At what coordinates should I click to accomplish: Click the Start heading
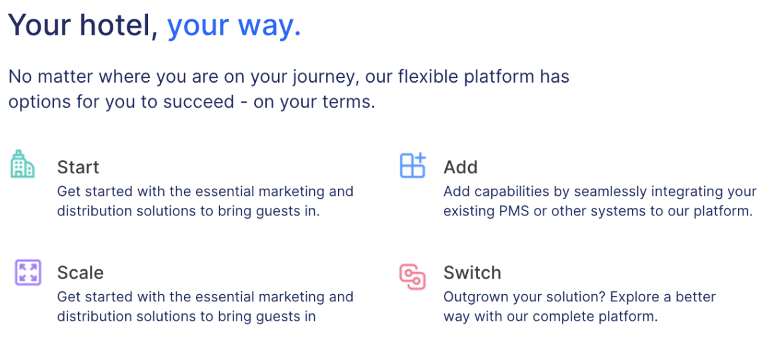coord(78,167)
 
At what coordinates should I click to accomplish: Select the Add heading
coord(460,167)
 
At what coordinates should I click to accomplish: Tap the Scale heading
coord(80,273)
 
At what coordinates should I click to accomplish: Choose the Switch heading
coord(472,273)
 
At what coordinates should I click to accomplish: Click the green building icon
coord(23,164)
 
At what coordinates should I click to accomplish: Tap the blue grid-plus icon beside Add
coord(413,165)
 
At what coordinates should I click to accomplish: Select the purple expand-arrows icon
coord(28,273)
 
